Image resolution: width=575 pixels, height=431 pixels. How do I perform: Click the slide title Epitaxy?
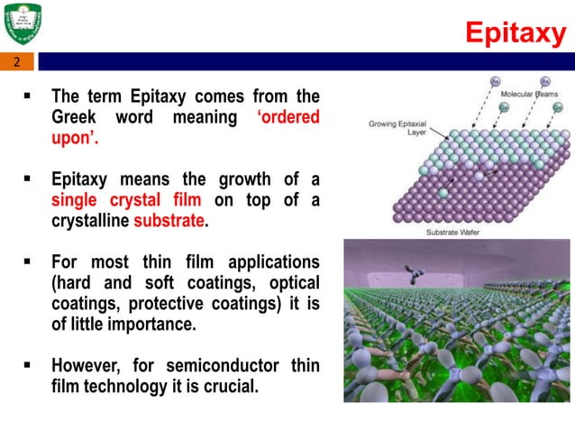514,33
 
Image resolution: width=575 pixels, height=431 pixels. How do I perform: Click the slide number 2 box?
16,62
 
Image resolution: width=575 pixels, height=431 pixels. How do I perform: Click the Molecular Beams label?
529,93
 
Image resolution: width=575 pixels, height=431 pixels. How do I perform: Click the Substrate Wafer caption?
452,232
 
